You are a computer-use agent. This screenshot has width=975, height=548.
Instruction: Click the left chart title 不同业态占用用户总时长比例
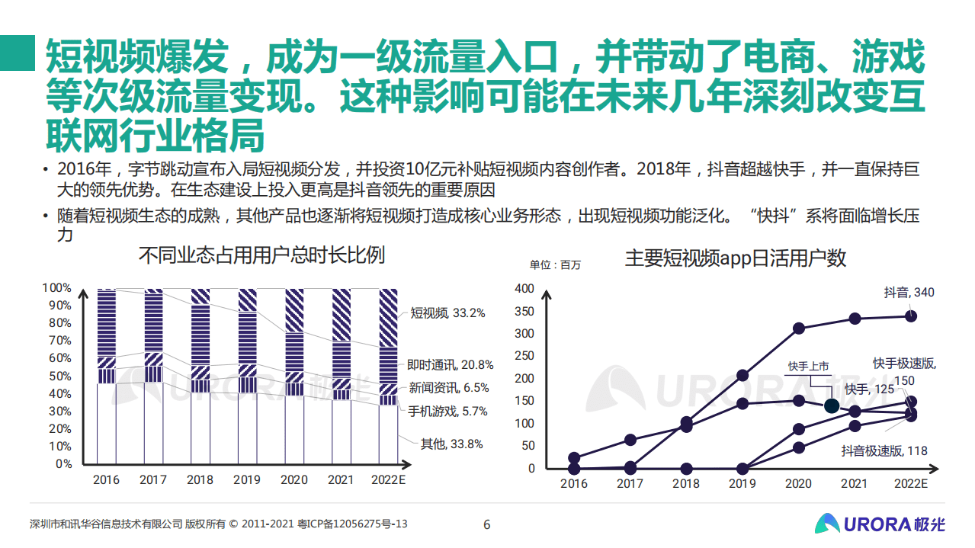(261, 255)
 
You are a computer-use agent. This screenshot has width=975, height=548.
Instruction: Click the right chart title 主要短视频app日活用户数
(735, 258)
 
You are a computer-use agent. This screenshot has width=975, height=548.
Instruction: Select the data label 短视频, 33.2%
(447, 312)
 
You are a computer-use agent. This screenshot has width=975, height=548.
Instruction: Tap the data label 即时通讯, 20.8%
(450, 365)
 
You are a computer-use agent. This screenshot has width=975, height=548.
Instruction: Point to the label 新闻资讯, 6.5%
(449, 388)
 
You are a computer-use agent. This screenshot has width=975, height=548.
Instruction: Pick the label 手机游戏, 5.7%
(447, 412)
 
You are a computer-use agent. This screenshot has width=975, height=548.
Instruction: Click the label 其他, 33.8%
(451, 444)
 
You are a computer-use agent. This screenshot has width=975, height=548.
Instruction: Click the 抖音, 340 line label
(909, 292)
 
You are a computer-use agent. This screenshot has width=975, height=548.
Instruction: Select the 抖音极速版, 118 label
(884, 450)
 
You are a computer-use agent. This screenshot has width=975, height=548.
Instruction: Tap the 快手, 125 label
(869, 389)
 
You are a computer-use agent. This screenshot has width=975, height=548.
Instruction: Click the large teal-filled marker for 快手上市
(832, 406)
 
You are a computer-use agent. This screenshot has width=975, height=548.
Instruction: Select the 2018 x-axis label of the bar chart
(200, 480)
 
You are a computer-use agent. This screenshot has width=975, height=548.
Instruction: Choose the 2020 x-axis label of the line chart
(798, 483)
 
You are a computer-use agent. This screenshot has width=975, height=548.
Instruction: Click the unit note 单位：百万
(555, 265)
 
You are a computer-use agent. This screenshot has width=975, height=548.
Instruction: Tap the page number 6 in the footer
(487, 524)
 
